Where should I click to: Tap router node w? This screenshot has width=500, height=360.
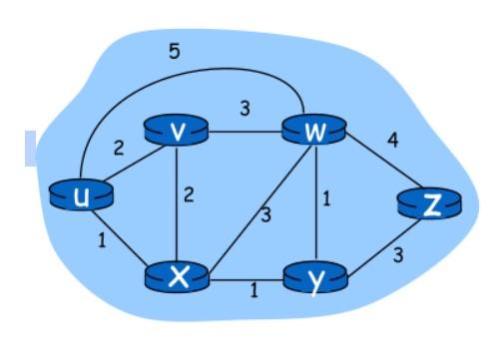(x=312, y=131)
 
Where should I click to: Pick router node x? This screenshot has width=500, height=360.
(x=178, y=276)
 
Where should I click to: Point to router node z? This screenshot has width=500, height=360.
(x=430, y=204)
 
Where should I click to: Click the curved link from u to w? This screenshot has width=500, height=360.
(x=190, y=73)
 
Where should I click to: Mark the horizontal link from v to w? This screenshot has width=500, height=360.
(x=245, y=130)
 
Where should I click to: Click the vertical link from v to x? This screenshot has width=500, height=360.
(x=177, y=204)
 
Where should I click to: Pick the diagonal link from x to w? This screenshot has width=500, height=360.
(x=245, y=203)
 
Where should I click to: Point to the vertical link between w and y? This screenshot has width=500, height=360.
(x=312, y=204)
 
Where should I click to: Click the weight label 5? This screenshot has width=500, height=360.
(x=174, y=51)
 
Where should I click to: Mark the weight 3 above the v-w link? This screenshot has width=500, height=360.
(x=243, y=108)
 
